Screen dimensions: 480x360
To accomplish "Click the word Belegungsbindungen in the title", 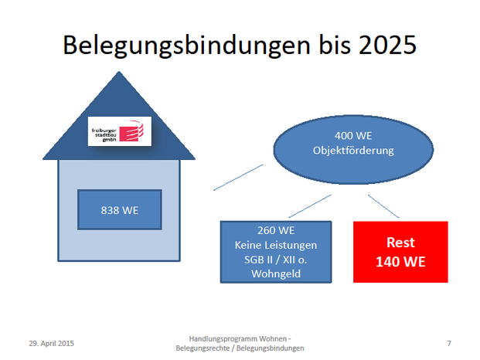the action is click(x=187, y=46).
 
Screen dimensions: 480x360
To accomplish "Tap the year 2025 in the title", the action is click(x=387, y=45).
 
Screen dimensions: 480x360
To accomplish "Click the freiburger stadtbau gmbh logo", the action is click(x=120, y=131).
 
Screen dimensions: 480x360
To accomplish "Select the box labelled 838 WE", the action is click(x=120, y=210).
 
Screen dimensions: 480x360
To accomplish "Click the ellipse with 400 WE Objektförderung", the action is click(x=353, y=150).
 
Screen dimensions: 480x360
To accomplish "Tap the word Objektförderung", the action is click(x=353, y=151).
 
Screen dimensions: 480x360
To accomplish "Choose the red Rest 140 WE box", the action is click(x=400, y=252).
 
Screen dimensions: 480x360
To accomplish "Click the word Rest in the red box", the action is click(x=400, y=243).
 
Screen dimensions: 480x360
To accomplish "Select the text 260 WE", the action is click(x=276, y=230).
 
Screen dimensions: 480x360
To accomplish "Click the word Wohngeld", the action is click(x=276, y=273).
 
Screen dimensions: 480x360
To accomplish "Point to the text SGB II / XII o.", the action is click(x=275, y=260).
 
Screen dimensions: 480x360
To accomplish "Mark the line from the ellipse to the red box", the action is click(x=383, y=206).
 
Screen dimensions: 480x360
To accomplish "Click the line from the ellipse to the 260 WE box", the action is click(x=310, y=206).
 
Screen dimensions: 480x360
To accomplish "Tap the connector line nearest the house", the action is click(x=238, y=178).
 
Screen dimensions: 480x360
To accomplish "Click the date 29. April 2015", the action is click(x=52, y=344).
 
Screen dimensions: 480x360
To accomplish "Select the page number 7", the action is click(x=449, y=344).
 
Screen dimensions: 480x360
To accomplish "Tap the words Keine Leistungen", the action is click(x=276, y=245).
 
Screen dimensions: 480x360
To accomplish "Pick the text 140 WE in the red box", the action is click(x=400, y=262).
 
